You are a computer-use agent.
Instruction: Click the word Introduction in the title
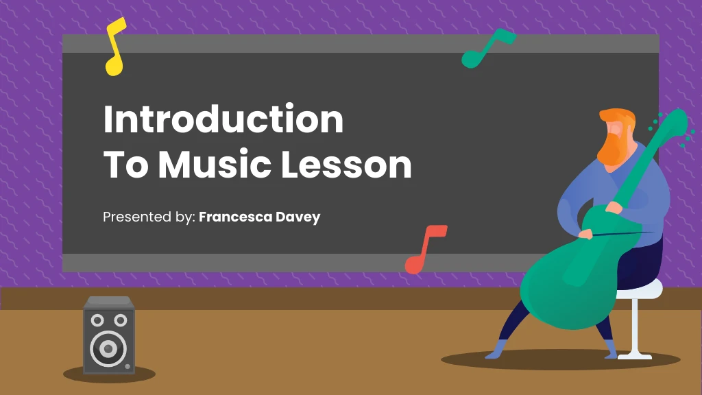coord(223,119)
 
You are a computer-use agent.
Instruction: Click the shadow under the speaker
coord(110,374)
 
